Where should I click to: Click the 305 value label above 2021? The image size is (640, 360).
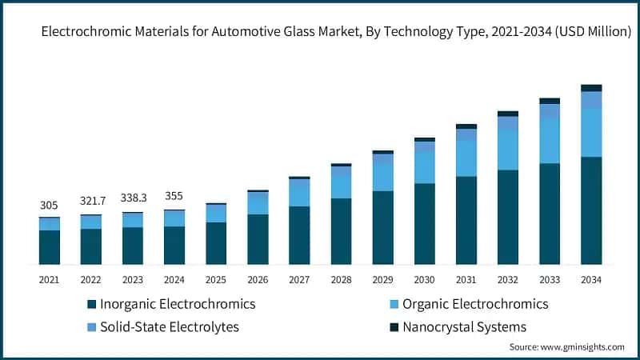[49, 206]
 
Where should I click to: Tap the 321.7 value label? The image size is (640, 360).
[90, 200]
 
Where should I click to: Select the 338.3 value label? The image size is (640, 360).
[132, 198]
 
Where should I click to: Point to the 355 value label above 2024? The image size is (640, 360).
[174, 196]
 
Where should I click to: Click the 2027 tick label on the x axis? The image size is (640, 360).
[299, 279]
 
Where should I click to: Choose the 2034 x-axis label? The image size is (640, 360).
[591, 279]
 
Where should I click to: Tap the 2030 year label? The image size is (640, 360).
[424, 279]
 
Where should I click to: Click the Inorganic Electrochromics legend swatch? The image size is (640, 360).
[92, 305]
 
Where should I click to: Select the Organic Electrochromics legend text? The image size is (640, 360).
[475, 304]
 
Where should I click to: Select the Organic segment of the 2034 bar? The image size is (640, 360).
[591, 132]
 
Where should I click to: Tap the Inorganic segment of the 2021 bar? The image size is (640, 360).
[49, 247]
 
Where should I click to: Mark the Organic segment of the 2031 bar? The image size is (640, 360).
[466, 158]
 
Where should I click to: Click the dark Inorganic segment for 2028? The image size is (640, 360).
[341, 231]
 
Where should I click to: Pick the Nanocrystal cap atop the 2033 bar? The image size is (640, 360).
[550, 101]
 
